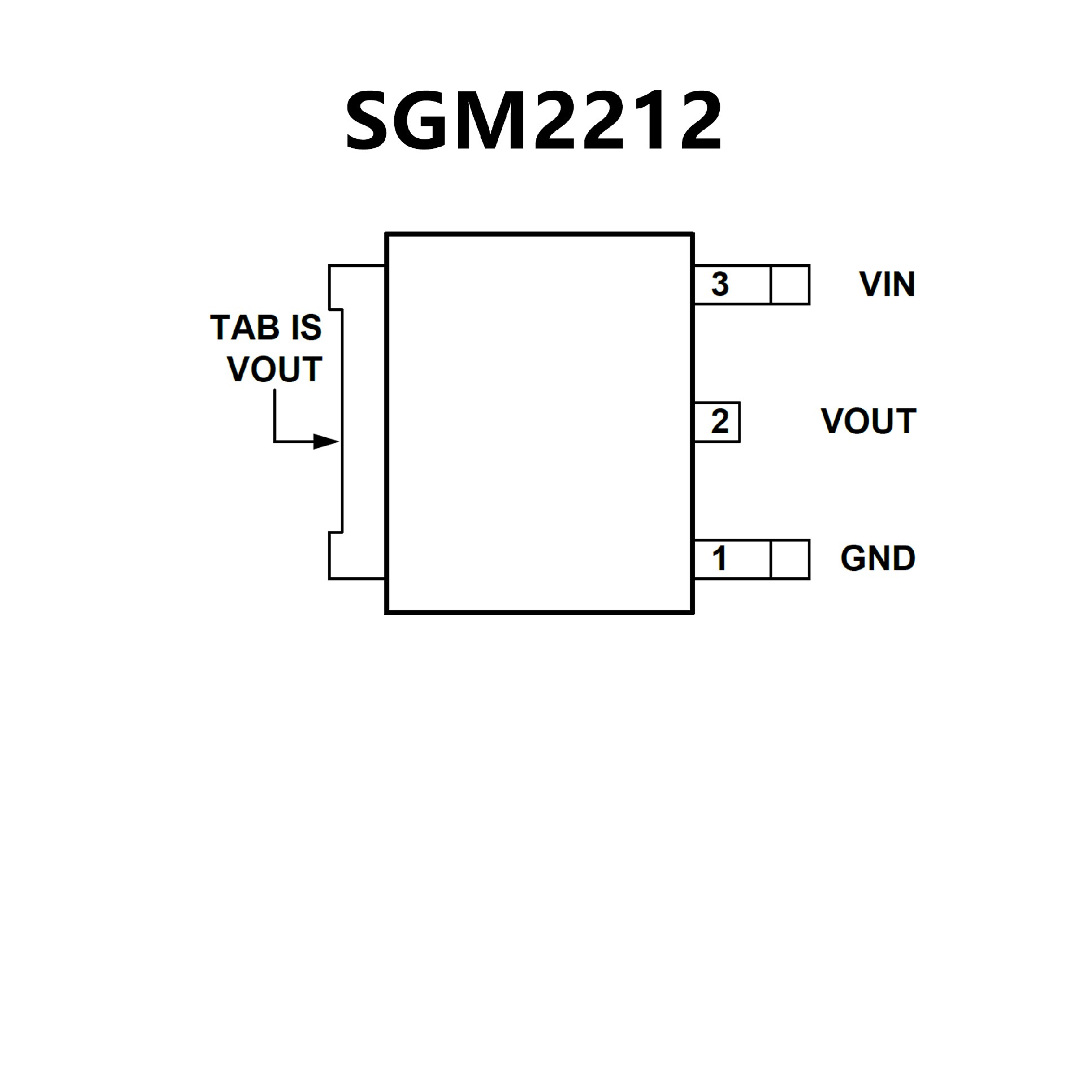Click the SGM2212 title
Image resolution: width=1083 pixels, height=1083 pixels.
click(534, 121)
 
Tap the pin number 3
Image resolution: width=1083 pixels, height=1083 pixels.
click(720, 284)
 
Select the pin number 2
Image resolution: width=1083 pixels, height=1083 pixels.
click(720, 422)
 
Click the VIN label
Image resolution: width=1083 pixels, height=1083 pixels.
click(887, 284)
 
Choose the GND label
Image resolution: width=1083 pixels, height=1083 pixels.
click(878, 559)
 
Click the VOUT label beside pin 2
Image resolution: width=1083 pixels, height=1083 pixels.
click(869, 421)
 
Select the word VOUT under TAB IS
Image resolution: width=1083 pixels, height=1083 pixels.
click(275, 369)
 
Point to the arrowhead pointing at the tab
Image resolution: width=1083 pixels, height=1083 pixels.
click(326, 441)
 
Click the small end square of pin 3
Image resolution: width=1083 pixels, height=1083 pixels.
click(790, 285)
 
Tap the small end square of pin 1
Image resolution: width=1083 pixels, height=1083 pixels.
click(790, 560)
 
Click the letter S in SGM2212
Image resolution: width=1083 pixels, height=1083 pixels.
click(370, 122)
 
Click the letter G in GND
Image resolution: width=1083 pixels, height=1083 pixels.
click(852, 559)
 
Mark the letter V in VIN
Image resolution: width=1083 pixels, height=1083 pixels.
click(869, 284)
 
